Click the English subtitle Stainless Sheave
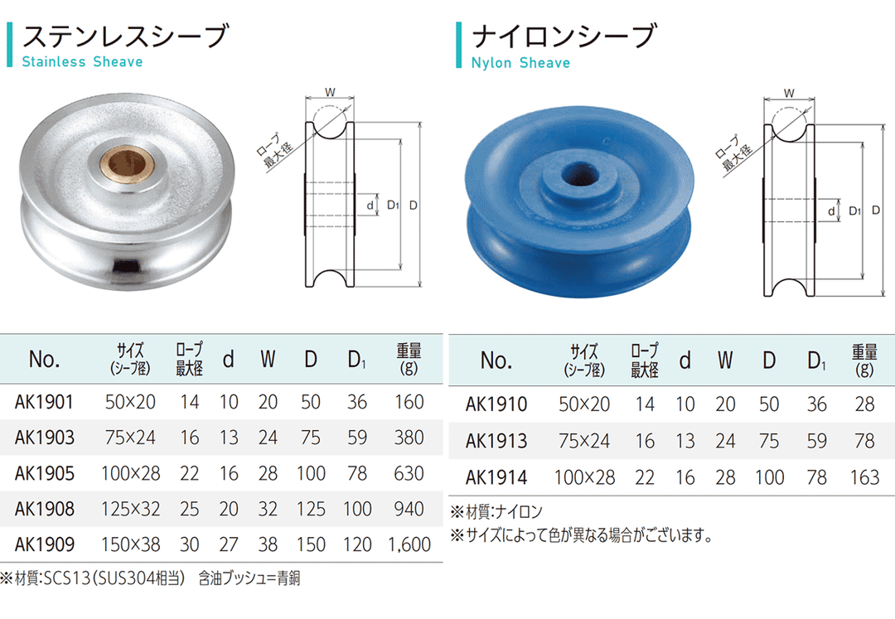82,61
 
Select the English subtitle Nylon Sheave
520,63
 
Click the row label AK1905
45,473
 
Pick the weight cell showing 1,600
409,544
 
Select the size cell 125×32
131,509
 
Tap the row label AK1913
496,441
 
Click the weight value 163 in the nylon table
864,477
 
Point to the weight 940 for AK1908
409,509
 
